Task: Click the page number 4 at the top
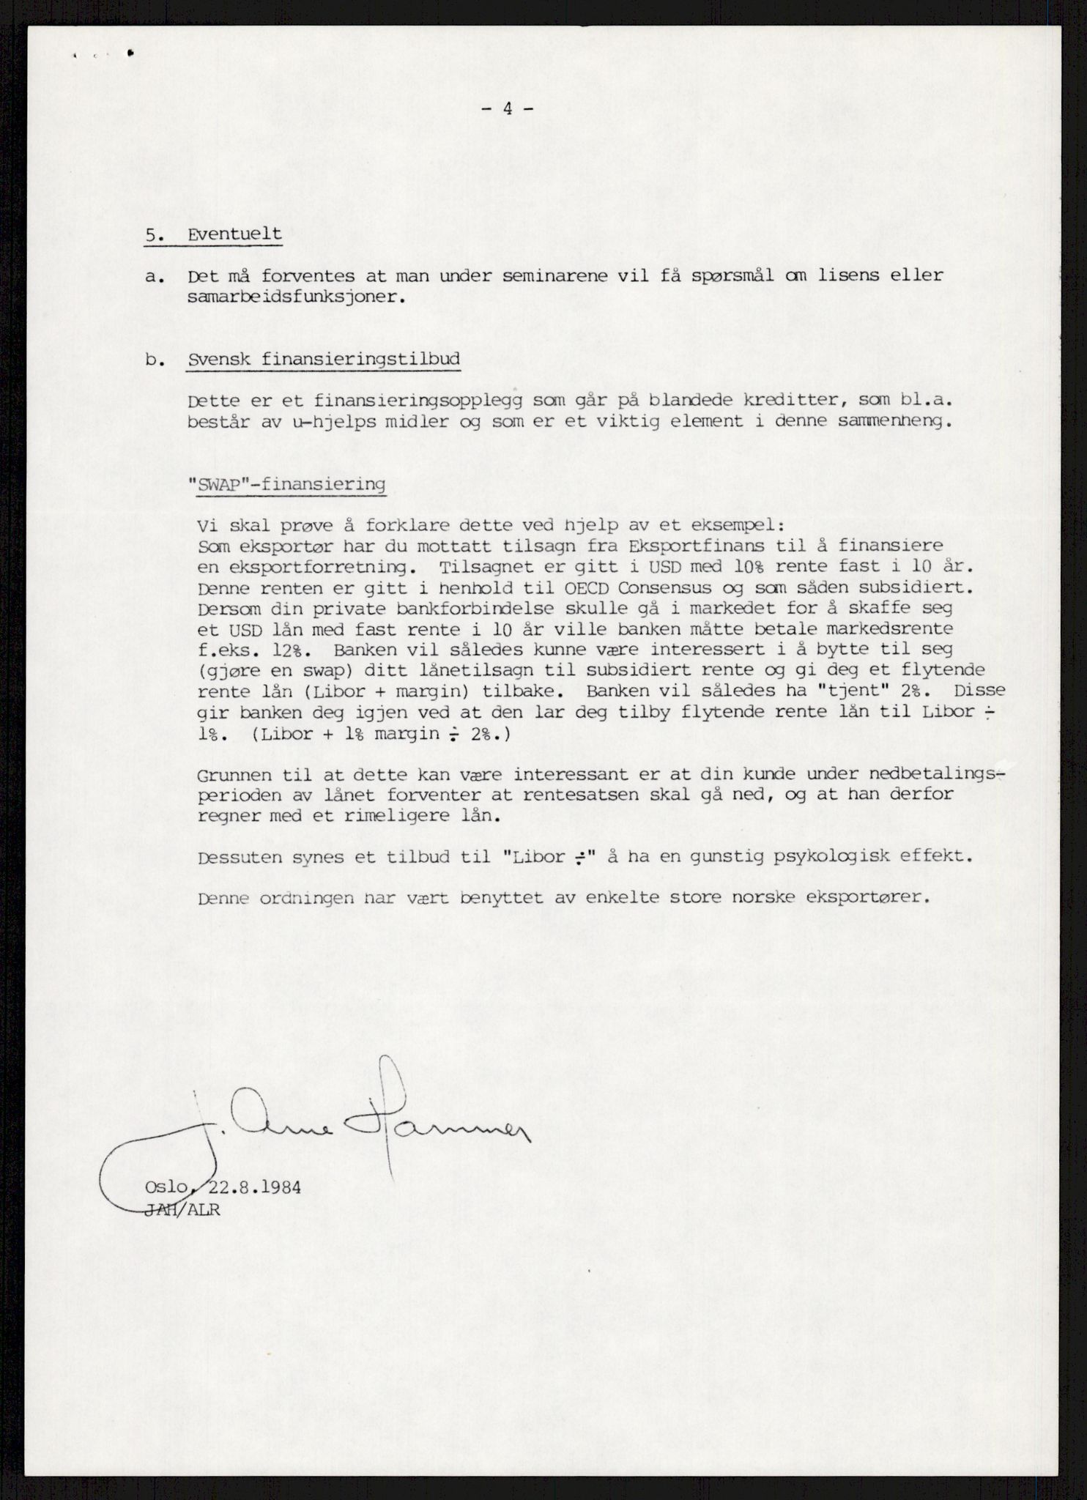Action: [x=507, y=108]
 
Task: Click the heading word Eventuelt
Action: [x=234, y=234]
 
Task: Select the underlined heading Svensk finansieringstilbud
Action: [x=324, y=360]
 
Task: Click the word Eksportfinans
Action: [x=696, y=546]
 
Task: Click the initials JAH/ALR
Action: [x=182, y=1210]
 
